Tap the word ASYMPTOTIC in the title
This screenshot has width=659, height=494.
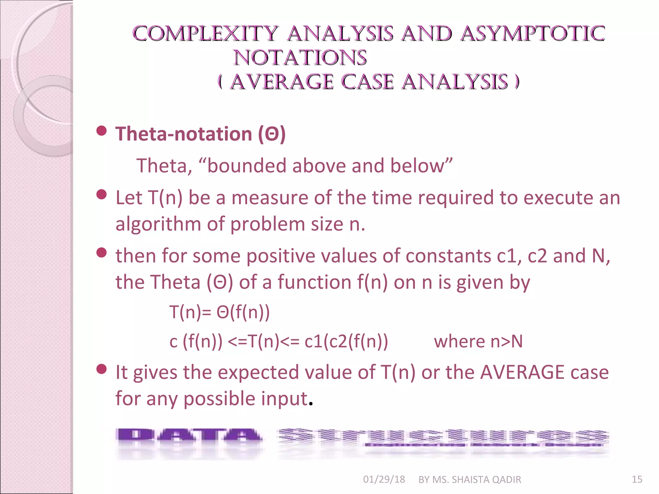point(533,34)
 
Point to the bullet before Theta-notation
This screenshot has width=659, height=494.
point(102,131)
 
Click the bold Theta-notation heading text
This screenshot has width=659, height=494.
point(200,134)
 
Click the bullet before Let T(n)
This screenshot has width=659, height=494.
point(102,194)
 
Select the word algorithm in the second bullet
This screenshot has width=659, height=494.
point(158,224)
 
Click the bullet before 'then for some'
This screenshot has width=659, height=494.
point(102,252)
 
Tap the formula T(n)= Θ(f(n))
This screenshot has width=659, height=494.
point(219,312)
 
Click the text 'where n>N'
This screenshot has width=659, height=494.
point(478,342)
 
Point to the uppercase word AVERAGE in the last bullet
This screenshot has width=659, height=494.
point(522,372)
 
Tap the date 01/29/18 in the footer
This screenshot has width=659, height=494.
point(384,480)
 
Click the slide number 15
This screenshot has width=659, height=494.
point(637,480)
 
